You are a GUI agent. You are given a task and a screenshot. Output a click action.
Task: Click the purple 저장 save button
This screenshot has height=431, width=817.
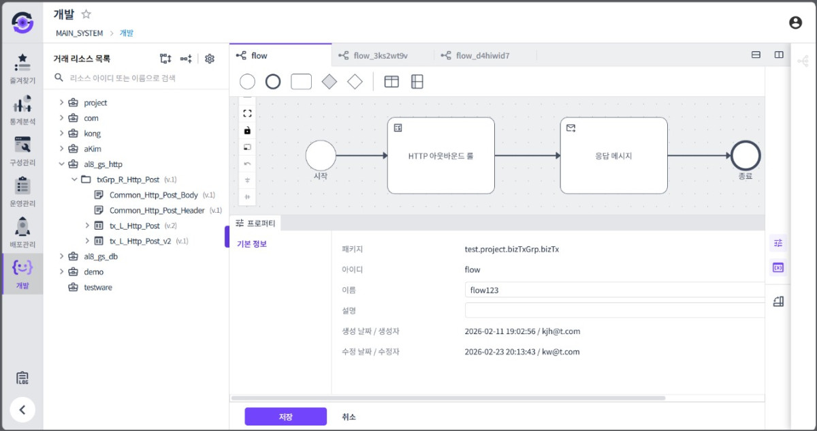click(x=285, y=417)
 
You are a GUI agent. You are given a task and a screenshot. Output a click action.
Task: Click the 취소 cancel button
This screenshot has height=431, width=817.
click(x=349, y=417)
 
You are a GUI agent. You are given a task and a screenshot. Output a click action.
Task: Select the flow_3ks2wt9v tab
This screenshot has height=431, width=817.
click(x=380, y=55)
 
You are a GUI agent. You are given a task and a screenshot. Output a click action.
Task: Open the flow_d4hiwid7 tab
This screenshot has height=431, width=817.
click(x=482, y=55)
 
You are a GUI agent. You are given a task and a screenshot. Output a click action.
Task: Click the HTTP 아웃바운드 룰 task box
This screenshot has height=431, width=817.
click(x=441, y=155)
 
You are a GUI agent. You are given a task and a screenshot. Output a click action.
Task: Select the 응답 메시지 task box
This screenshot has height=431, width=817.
click(x=614, y=155)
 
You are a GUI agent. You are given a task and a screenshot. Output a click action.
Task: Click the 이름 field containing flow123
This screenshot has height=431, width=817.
click(x=615, y=290)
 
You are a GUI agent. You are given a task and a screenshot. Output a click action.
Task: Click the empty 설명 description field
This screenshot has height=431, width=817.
click(x=615, y=310)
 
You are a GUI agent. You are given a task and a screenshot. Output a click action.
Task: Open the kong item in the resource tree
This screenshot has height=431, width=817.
click(x=93, y=133)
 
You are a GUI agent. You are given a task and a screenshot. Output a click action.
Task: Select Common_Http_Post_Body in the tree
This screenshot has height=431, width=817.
click(x=154, y=195)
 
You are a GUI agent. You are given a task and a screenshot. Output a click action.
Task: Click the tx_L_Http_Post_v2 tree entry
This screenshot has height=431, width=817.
click(x=140, y=241)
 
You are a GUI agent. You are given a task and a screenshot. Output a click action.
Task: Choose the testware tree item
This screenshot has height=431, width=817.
click(x=98, y=287)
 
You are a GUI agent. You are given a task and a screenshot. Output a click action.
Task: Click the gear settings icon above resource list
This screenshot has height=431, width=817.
click(x=210, y=59)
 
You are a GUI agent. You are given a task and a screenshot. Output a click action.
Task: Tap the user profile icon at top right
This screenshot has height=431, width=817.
click(x=795, y=23)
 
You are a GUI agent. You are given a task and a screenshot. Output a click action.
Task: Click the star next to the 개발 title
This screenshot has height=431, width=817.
click(x=86, y=14)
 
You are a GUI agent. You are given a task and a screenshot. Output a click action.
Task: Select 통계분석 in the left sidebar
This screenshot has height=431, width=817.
click(x=22, y=110)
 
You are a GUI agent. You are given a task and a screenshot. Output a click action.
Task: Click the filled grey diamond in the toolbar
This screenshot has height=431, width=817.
click(x=329, y=81)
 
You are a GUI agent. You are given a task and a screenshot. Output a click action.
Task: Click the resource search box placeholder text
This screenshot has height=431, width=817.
click(x=123, y=78)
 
